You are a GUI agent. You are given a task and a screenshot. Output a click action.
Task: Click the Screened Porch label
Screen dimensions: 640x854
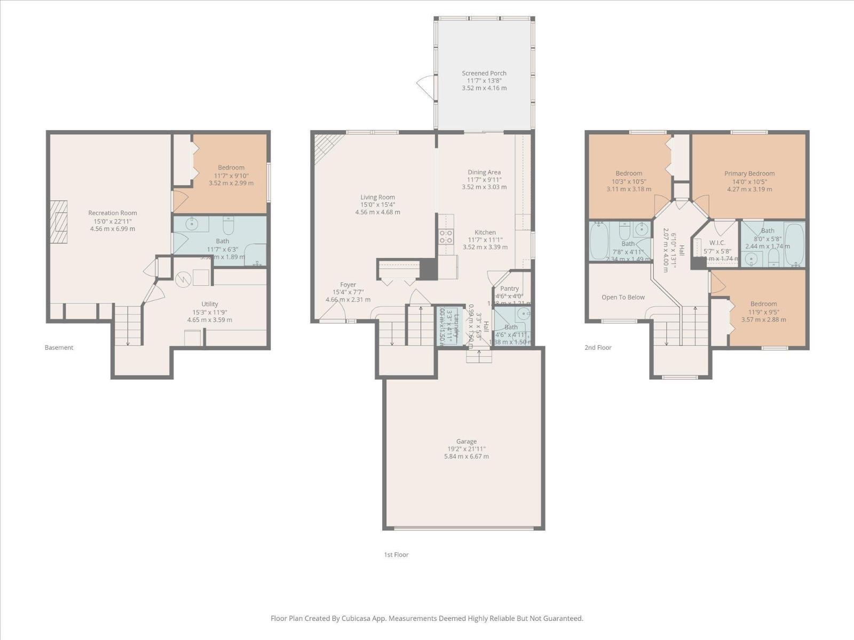(484, 73)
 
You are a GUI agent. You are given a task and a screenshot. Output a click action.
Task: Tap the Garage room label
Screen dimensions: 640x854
(466, 442)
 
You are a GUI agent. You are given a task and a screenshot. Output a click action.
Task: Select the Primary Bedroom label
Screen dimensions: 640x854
(749, 173)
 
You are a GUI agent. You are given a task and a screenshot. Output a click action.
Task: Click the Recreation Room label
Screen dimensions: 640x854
(112, 213)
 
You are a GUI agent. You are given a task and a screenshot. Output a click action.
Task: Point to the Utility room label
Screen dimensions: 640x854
(209, 304)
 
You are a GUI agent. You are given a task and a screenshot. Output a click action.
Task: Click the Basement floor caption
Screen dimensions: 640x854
(59, 348)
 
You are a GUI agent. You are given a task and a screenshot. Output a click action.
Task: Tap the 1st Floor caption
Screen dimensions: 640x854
(396, 555)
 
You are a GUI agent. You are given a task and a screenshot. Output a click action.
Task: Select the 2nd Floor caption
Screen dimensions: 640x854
(597, 348)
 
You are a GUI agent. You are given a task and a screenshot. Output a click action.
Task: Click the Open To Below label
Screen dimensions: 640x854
(623, 297)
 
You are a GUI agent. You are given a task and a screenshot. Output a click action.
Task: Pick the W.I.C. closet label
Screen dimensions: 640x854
(717, 243)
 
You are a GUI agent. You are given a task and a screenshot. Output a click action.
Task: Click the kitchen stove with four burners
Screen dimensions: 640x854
(446, 236)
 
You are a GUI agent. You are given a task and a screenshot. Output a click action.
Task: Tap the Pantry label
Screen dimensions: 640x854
(509, 289)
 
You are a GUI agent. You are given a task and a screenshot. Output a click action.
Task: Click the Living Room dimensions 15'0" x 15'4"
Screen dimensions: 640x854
(377, 205)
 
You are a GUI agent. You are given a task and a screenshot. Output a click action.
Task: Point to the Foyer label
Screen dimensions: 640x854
(348, 285)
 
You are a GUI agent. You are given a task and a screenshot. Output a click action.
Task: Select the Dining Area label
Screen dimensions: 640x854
(484, 172)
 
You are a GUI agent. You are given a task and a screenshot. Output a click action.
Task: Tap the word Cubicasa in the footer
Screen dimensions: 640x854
(363, 619)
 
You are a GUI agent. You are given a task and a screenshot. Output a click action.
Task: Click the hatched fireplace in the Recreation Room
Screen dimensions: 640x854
(59, 221)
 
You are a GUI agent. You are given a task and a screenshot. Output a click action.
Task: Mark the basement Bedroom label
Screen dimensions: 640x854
(231, 167)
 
